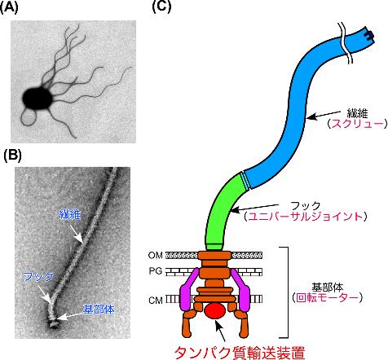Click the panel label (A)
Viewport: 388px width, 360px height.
(x=9, y=8)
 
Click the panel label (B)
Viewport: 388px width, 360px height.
(x=13, y=156)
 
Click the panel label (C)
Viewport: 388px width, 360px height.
(x=161, y=7)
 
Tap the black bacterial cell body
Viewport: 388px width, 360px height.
(x=37, y=99)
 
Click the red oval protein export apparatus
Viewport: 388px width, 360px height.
(x=215, y=311)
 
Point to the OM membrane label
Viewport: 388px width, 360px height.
(x=156, y=255)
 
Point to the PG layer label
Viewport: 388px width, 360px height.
(x=156, y=271)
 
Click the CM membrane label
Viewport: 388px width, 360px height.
(x=156, y=301)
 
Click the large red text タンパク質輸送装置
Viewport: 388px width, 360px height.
(x=239, y=353)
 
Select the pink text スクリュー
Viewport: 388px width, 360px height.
(x=357, y=124)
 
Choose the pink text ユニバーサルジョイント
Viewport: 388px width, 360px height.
(x=306, y=217)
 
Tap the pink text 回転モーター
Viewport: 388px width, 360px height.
(x=328, y=298)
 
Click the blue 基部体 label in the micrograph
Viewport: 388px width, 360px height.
(x=99, y=310)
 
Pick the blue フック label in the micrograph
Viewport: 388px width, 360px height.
(x=38, y=277)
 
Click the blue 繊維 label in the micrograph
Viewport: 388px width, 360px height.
(x=69, y=215)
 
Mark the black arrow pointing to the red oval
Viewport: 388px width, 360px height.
(x=221, y=331)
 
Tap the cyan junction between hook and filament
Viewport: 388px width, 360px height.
(x=245, y=180)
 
